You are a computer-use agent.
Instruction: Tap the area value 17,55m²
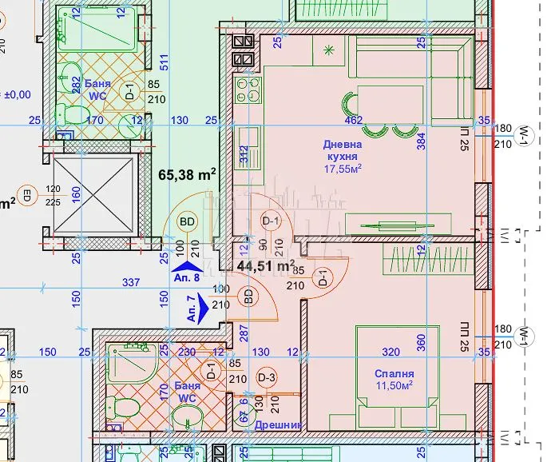(343, 169)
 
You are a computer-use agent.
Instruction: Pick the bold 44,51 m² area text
(266, 265)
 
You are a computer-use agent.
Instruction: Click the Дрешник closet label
(277, 425)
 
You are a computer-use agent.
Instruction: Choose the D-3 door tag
(266, 377)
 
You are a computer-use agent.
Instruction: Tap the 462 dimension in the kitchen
(353, 121)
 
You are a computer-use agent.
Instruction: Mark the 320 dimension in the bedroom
(391, 351)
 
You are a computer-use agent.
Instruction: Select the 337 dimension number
(130, 282)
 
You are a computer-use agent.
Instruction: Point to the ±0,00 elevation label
(16, 94)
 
